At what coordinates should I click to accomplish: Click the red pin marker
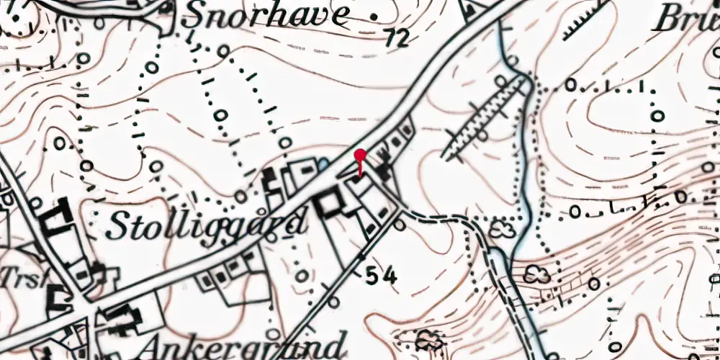click(x=360, y=155)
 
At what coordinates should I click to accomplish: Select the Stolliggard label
click(x=207, y=225)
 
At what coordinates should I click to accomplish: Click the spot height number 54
click(x=382, y=274)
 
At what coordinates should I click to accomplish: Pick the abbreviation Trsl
click(x=16, y=277)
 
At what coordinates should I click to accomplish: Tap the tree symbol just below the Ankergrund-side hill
click(x=428, y=338)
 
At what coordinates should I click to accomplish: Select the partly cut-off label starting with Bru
click(x=684, y=20)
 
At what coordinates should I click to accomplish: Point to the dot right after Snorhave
click(x=373, y=14)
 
